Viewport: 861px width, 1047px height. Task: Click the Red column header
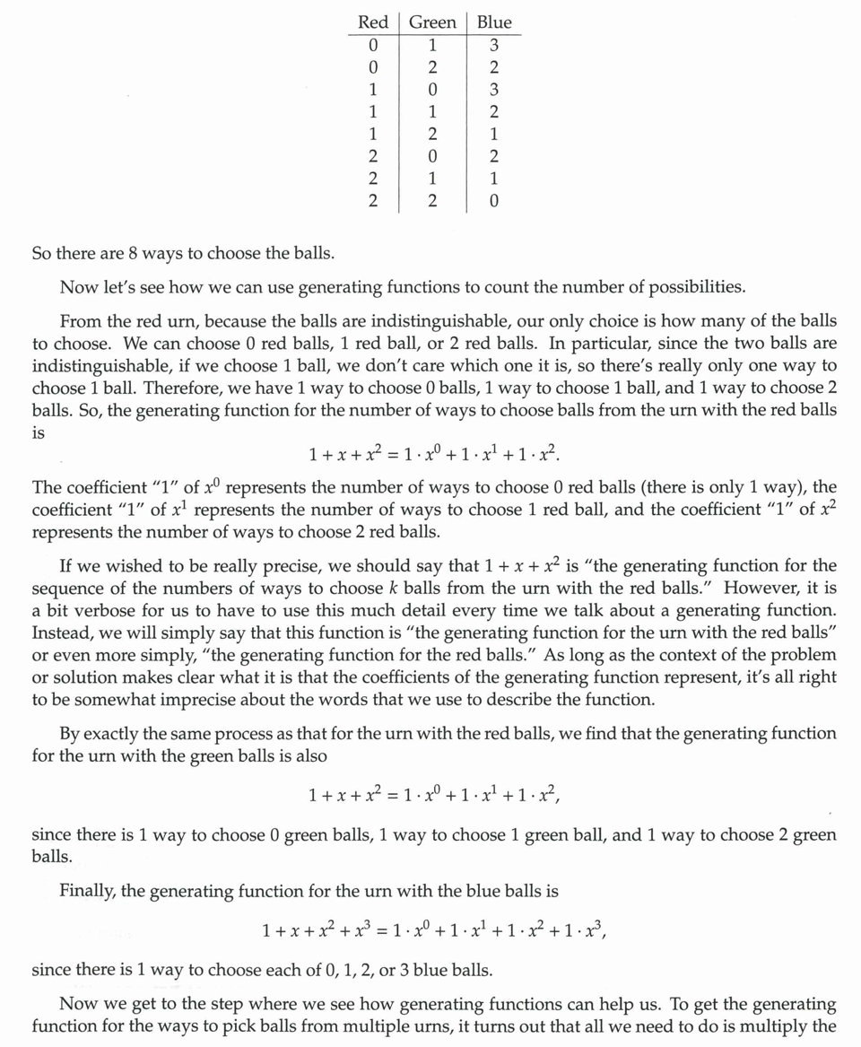click(x=372, y=22)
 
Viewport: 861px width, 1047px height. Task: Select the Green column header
click(x=432, y=22)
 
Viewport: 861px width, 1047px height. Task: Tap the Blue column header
click(x=493, y=22)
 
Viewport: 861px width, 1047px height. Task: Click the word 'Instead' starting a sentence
click(x=60, y=633)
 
